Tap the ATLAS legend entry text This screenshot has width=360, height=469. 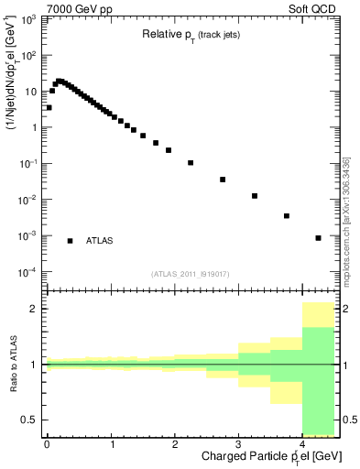pyautogui.click(x=100, y=241)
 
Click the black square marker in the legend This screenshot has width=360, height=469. pyautogui.click(x=70, y=241)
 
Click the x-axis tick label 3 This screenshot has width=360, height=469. pyautogui.click(x=238, y=444)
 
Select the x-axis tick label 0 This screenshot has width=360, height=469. pyautogui.click(x=47, y=444)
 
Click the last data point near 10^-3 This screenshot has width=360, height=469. pyautogui.click(x=318, y=238)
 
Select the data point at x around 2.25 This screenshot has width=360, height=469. pyautogui.click(x=191, y=163)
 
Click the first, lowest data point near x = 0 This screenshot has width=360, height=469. pyautogui.click(x=49, y=107)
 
